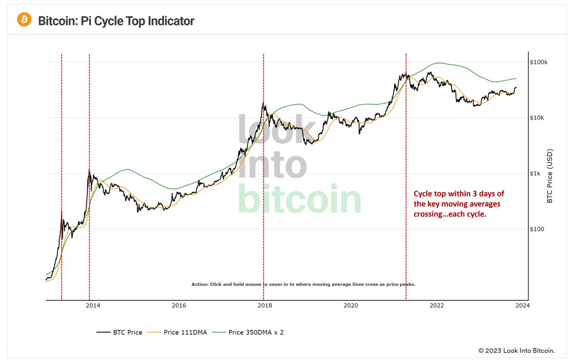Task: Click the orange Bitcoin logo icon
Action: (x=24, y=20)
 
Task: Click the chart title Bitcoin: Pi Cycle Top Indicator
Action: (x=116, y=21)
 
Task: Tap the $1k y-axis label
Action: (x=536, y=174)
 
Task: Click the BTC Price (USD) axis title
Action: (x=550, y=176)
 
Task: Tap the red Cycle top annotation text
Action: (x=458, y=205)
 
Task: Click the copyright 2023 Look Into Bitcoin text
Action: (x=516, y=350)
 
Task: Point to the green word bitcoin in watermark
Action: (x=299, y=199)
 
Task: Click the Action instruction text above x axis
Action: (x=303, y=284)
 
